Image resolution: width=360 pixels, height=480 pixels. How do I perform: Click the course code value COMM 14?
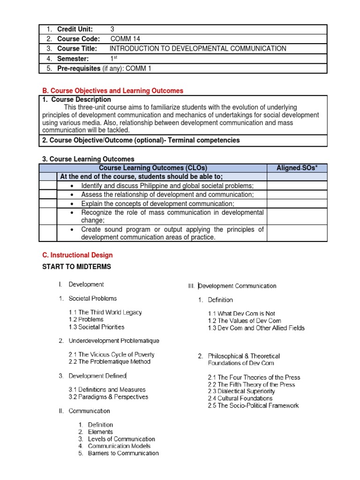[x=125, y=39]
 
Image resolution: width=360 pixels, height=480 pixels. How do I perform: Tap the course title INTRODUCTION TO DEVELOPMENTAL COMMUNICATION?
[x=197, y=49]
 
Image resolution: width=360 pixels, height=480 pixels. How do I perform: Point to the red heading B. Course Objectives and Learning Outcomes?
[x=112, y=90]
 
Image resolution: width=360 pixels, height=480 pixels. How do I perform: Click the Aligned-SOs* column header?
[x=297, y=168]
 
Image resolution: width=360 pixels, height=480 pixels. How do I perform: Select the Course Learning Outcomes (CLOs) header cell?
[x=153, y=168]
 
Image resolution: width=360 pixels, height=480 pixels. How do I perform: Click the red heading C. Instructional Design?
[x=77, y=255]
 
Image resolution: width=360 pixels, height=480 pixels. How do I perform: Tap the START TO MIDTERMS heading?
[x=76, y=267]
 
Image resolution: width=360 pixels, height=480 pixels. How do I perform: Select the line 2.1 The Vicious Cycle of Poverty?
[x=112, y=354]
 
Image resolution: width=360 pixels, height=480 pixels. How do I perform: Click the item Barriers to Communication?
[x=123, y=453]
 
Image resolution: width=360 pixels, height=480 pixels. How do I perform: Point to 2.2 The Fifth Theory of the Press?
[x=252, y=384]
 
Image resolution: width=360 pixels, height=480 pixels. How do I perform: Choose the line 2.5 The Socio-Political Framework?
[x=253, y=405]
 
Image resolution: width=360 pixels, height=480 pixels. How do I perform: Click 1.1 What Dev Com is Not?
[x=241, y=314]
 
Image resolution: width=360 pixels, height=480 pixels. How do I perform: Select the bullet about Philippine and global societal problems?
[x=167, y=186]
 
